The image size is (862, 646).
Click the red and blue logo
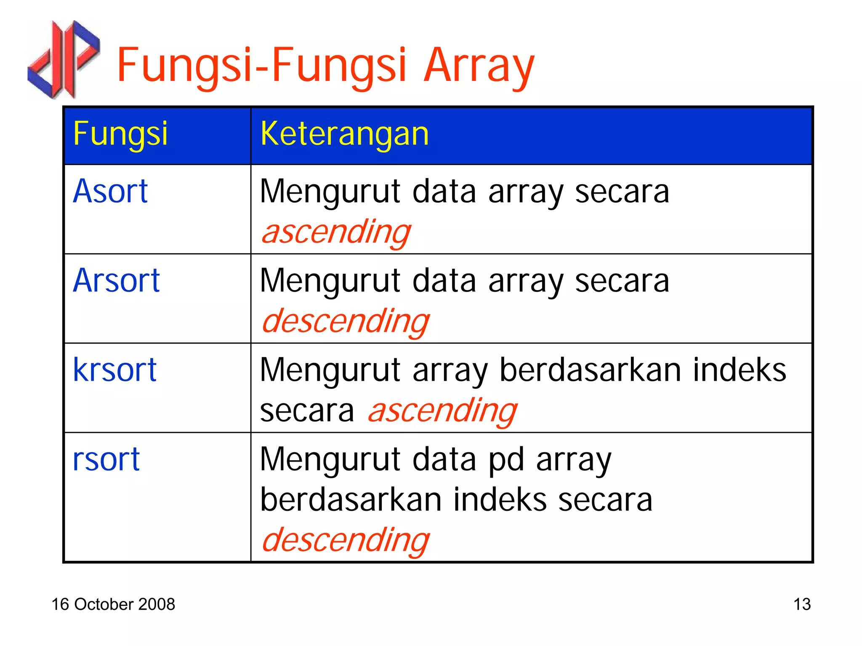pos(63,59)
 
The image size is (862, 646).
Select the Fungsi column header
pos(120,134)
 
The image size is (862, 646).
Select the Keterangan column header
pos(344,134)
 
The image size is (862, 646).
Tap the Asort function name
pos(110,192)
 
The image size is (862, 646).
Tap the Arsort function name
pos(116,281)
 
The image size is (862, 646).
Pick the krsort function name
pos(114,370)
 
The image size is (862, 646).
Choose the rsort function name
pos(106,459)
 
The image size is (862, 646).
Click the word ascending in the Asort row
pos(336,232)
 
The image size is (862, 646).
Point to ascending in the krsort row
pos(442,411)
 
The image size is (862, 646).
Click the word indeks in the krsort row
pos(740,370)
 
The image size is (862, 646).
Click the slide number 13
pos(802,604)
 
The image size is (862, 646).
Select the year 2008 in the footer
pos(157,604)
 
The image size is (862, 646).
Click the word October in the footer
pos(104,604)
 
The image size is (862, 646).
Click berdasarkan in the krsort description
pos(590,370)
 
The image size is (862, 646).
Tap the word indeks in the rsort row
pos(500,500)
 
